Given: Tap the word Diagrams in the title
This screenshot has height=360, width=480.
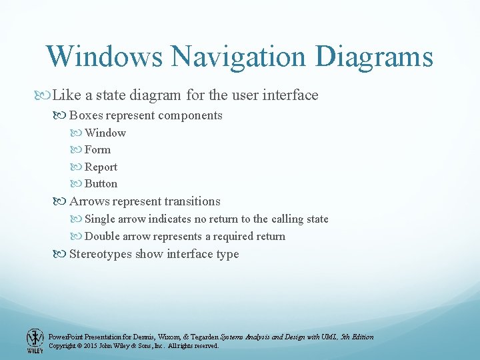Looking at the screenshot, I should (x=374, y=57).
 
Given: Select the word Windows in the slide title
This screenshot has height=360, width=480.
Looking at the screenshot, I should (x=103, y=57).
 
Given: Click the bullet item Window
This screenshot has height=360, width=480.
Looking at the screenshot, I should (x=105, y=133).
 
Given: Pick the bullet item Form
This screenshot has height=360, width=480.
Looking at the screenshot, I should (x=97, y=150).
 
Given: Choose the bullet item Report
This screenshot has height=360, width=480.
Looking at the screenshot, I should (x=101, y=167).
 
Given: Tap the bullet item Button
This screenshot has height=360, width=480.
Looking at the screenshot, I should (x=101, y=184).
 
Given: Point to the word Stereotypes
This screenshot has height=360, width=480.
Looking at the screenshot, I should (x=101, y=254).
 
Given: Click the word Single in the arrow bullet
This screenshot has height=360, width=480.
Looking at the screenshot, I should (x=100, y=219).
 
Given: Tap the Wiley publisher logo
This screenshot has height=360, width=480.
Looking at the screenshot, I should (x=35, y=340).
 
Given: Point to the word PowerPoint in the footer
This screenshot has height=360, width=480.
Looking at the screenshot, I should (x=65, y=337).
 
